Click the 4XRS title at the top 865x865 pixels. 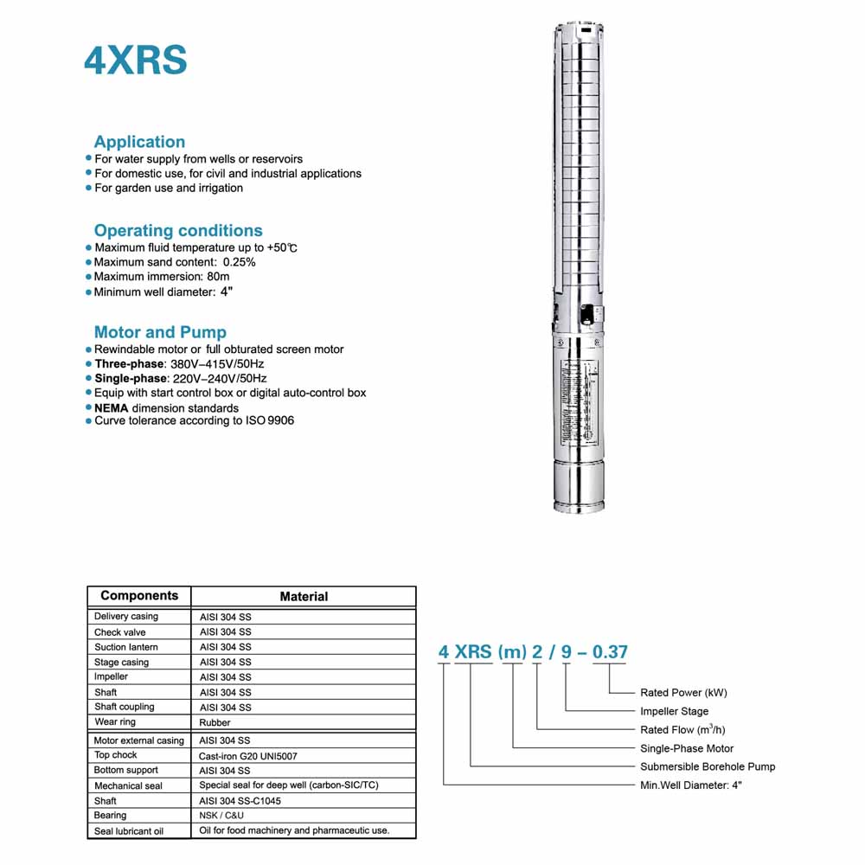135,61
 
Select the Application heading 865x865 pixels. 139,142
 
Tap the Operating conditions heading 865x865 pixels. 178,231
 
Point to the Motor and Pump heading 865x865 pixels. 160,332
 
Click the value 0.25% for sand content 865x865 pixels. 239,262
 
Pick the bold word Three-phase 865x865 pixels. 129,364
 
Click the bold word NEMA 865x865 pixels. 112,407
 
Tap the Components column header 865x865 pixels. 139,595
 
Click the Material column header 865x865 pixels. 304,596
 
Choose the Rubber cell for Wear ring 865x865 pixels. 215,722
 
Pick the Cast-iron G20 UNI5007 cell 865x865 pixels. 248,755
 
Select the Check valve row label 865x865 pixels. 120,632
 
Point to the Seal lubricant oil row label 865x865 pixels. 129,831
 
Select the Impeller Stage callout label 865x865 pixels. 674,712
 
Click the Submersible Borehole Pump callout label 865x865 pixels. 708,766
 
